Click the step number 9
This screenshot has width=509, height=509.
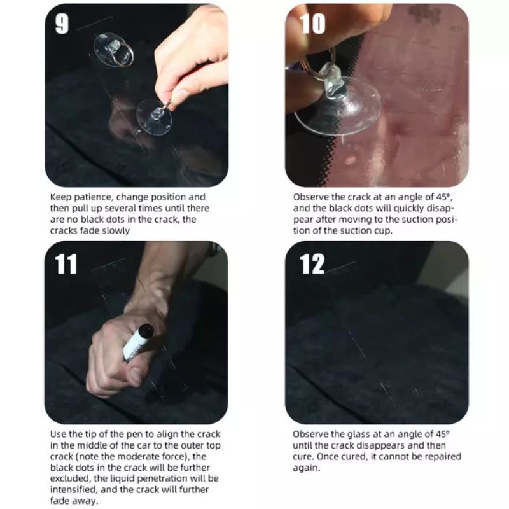tap(62, 24)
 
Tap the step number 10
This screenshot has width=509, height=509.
tap(312, 24)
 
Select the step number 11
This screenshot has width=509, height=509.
tap(66, 263)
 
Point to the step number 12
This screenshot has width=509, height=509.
tap(312, 263)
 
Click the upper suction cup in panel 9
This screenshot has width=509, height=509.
tap(113, 50)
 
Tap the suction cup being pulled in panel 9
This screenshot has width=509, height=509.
tap(154, 116)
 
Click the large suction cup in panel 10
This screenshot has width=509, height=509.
tap(338, 104)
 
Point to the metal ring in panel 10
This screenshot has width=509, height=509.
tap(316, 65)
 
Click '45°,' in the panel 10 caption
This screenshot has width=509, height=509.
tap(443, 197)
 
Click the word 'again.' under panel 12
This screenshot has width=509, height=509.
tap(306, 468)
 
